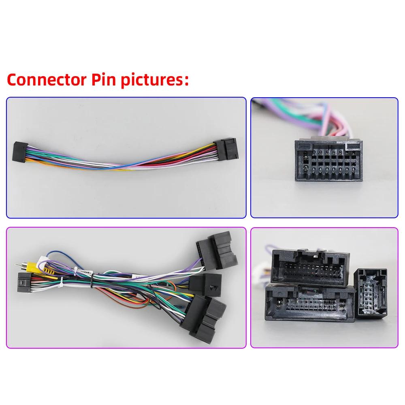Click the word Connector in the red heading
[x=47, y=79]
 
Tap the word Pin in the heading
[x=104, y=80]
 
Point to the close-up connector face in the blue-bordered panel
[x=328, y=160]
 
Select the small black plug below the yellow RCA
[x=25, y=282]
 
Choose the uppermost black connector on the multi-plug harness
[x=217, y=250]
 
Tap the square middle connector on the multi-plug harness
[x=205, y=285]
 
